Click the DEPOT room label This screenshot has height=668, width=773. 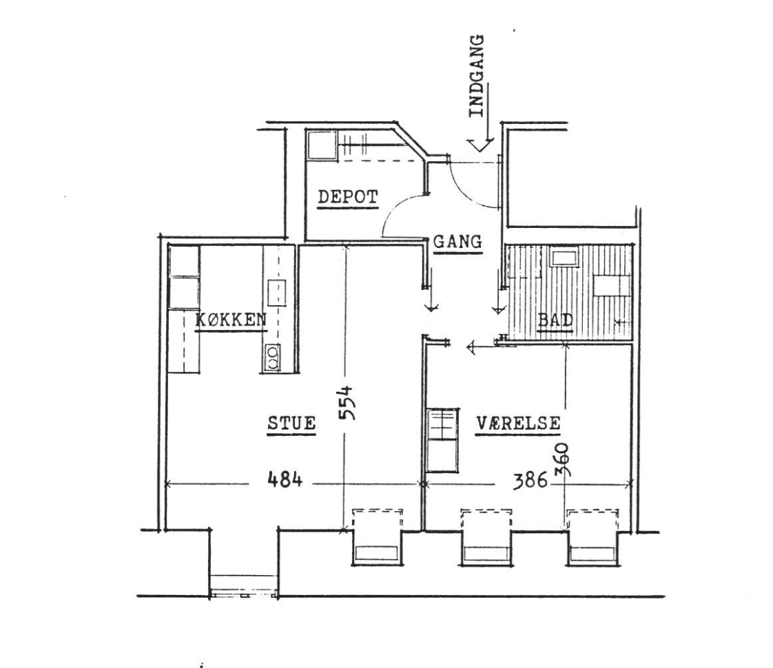pos(348,197)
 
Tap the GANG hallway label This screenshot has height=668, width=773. pos(457,242)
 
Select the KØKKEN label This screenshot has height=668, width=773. pos(231,320)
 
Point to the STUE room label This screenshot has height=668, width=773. pos(291,423)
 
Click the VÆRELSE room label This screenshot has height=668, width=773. pos(519,423)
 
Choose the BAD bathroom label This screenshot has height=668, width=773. pos(555,320)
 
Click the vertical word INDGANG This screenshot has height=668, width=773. pos(476,76)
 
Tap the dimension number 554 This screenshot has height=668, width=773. pos(347,402)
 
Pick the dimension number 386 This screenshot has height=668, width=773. pos(530,480)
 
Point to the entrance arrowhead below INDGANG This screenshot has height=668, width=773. pos(481,145)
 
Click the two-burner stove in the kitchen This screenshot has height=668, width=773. pos(271,357)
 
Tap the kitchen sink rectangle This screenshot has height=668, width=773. pos(277,293)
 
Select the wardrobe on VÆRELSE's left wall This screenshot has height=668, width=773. pos(443,440)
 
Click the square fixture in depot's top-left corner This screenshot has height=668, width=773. pos(321,145)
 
